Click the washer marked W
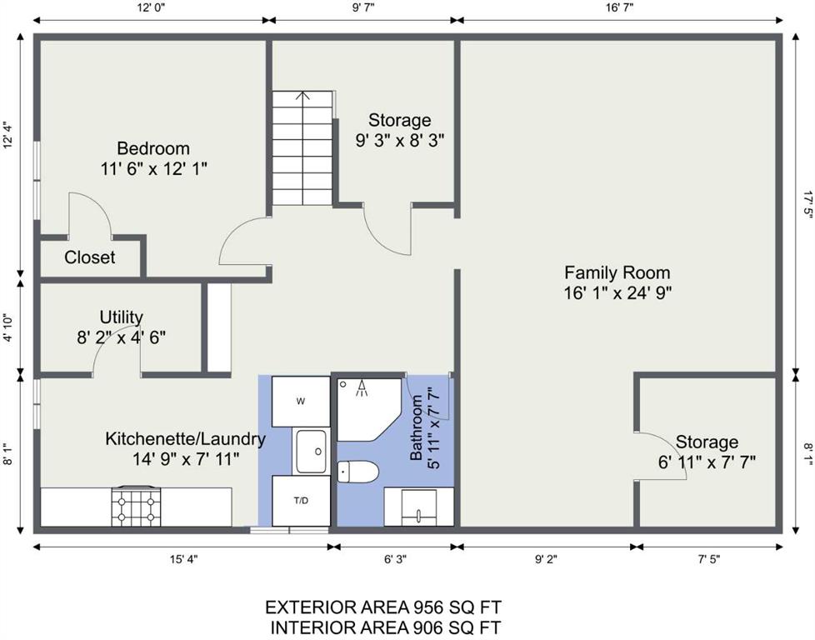click(301, 402)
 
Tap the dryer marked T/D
click(301, 501)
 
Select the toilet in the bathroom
click(357, 472)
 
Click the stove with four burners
click(136, 507)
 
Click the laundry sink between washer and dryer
click(312, 452)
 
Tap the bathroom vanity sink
click(419, 507)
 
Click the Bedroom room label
click(153, 148)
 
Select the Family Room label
click(617, 273)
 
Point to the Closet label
click(89, 257)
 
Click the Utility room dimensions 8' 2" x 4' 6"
click(122, 338)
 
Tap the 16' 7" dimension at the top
click(619, 7)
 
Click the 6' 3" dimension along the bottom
click(396, 559)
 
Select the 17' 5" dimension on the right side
click(807, 205)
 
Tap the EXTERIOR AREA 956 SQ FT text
click(383, 607)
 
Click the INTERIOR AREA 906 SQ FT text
click(386, 627)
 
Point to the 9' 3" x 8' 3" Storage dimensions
click(400, 140)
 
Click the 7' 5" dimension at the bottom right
click(709, 559)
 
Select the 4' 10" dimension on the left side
click(7, 327)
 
